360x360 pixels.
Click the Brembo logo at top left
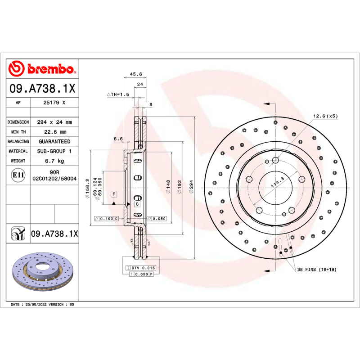click(42, 69)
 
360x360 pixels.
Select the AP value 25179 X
click(54, 103)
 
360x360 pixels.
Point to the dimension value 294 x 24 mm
click(54, 122)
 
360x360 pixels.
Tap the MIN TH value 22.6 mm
click(54, 132)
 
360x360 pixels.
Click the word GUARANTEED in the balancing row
click(54, 142)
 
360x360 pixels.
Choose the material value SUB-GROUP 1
click(54, 151)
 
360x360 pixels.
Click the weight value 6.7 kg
click(54, 161)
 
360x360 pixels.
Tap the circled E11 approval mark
click(18, 175)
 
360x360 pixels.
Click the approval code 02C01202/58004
click(54, 179)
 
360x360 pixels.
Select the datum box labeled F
click(114, 194)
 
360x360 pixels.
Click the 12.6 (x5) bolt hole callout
click(325, 116)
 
